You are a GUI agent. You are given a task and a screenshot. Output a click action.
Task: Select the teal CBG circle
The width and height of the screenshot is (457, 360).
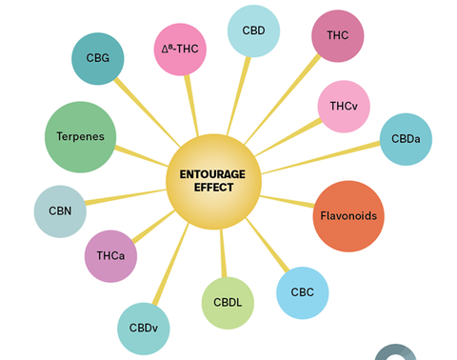click(98, 58)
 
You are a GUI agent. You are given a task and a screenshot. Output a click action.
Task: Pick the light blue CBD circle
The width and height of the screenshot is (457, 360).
click(253, 30)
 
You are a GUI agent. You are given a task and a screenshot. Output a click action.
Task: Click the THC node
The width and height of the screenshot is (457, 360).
click(338, 36)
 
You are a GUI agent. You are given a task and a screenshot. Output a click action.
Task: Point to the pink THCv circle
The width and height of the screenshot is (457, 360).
click(343, 106)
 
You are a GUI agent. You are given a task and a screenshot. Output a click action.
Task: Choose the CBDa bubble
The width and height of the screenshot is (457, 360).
click(406, 139)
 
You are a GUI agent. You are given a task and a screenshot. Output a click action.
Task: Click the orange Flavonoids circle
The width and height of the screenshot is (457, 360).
click(348, 216)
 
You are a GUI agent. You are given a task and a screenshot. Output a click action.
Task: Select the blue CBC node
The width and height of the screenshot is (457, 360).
click(302, 292)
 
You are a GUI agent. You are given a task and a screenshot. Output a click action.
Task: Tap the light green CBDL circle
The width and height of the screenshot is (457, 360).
click(228, 303)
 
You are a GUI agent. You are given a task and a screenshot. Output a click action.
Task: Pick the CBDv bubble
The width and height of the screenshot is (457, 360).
click(144, 328)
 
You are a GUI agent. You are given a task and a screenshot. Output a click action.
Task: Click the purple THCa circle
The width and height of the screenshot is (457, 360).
click(110, 256)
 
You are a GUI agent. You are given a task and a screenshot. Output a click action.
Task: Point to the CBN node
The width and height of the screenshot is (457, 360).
click(60, 211)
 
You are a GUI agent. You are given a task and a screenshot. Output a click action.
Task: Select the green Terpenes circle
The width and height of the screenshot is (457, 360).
click(81, 136)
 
